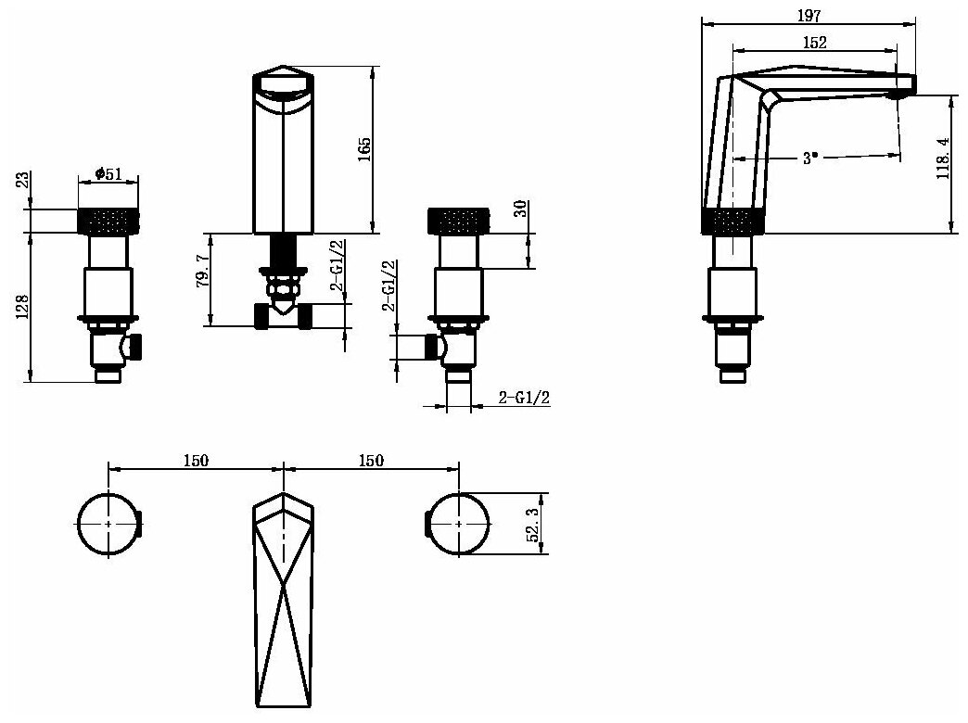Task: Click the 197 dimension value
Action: (809, 14)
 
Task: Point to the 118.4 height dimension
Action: (943, 159)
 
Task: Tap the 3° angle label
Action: (810, 159)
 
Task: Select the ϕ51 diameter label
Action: (108, 173)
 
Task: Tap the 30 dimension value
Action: (520, 209)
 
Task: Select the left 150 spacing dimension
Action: (196, 460)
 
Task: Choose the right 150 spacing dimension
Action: (370, 460)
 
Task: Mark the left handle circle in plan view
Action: (108, 524)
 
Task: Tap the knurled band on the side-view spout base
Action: (732, 222)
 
